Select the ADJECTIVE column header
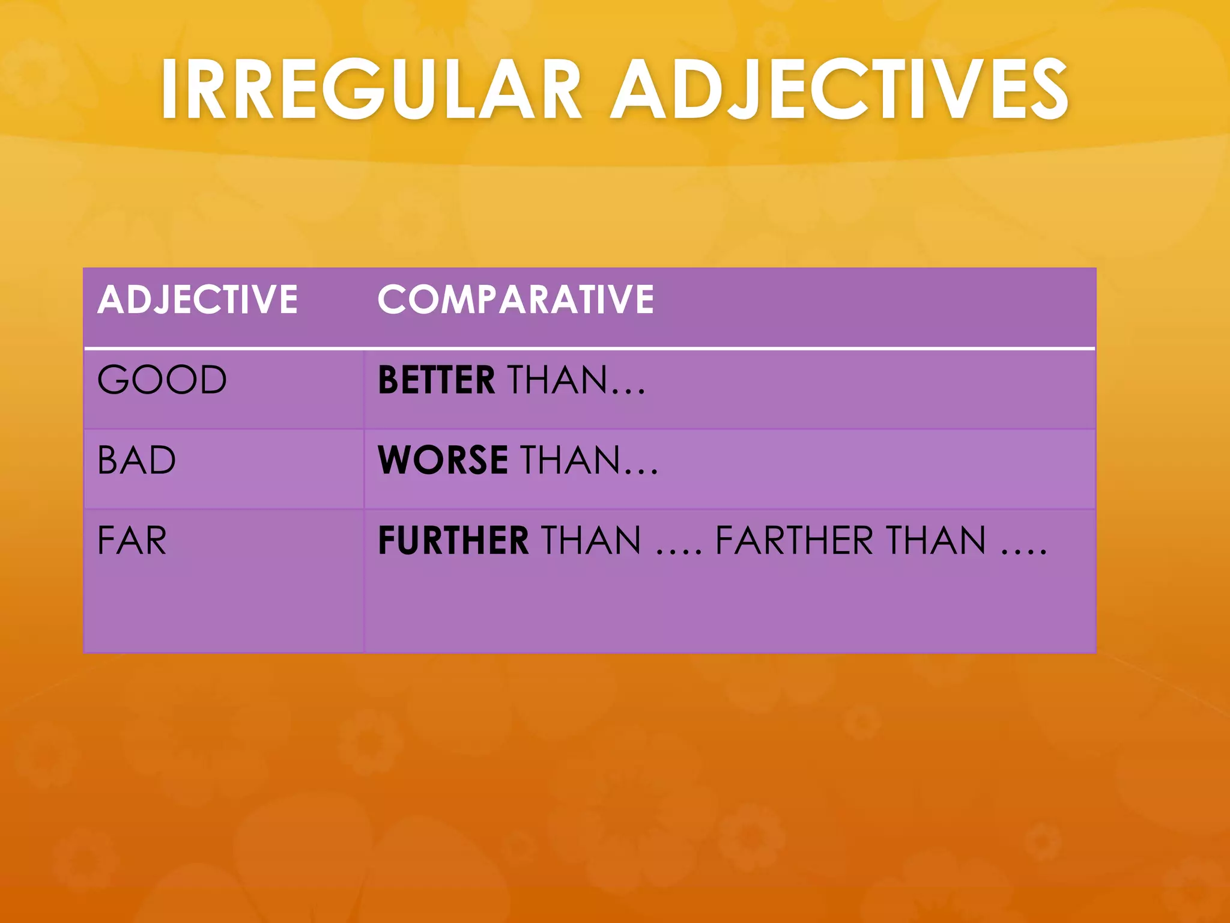pos(198,299)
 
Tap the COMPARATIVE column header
pos(515,299)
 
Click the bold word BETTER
pos(437,380)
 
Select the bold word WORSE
pos(443,460)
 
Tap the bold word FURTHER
pos(453,540)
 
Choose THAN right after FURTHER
pos(592,540)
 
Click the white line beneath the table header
pos(589,348)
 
